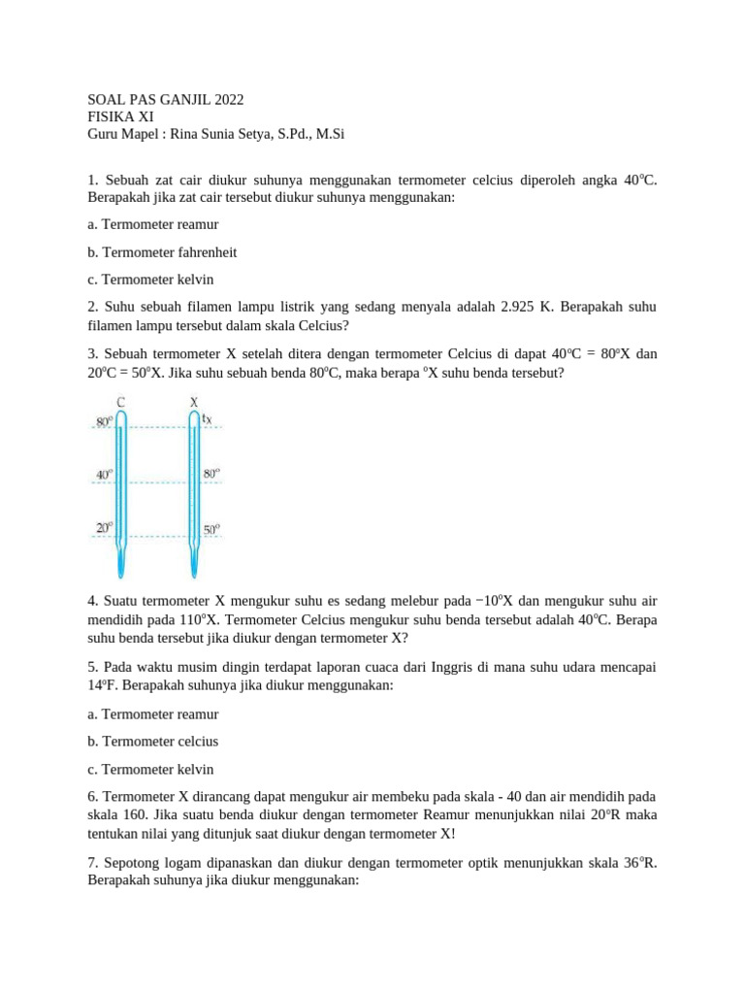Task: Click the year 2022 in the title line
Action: [x=225, y=99]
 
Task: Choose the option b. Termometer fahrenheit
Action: [x=162, y=251]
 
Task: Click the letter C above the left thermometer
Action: [x=119, y=401]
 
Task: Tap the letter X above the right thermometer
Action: [x=194, y=401]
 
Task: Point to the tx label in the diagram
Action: [x=208, y=419]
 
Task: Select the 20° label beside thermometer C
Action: [x=103, y=527]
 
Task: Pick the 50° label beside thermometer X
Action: [x=211, y=530]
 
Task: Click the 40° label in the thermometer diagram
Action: [x=103, y=475]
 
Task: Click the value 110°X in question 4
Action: [x=216, y=620]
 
